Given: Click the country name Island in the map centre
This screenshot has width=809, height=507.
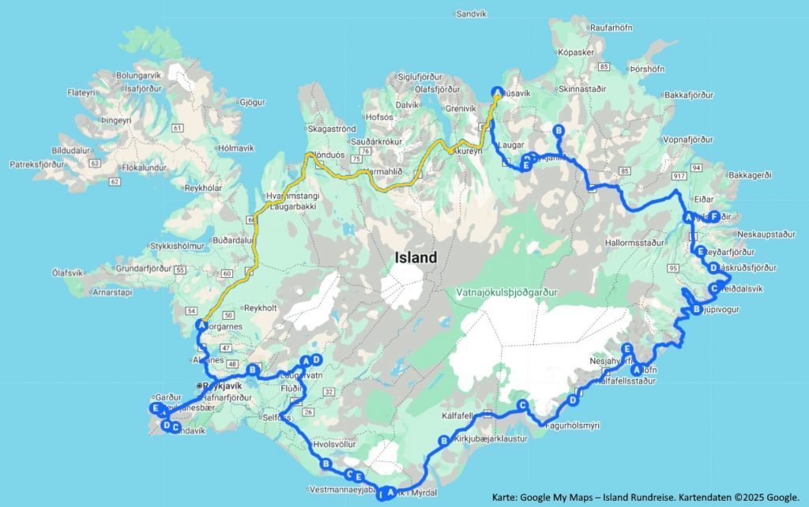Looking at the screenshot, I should coord(416,257).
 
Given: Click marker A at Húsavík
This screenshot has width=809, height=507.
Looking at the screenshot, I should coord(497,91).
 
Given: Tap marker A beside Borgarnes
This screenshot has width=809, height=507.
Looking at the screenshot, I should coord(201,325).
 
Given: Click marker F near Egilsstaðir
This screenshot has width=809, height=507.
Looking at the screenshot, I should coord(713,216).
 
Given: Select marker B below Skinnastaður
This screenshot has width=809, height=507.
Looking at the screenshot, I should coord(559,130).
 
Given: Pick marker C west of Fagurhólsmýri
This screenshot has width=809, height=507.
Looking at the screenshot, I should coord(521,404).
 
